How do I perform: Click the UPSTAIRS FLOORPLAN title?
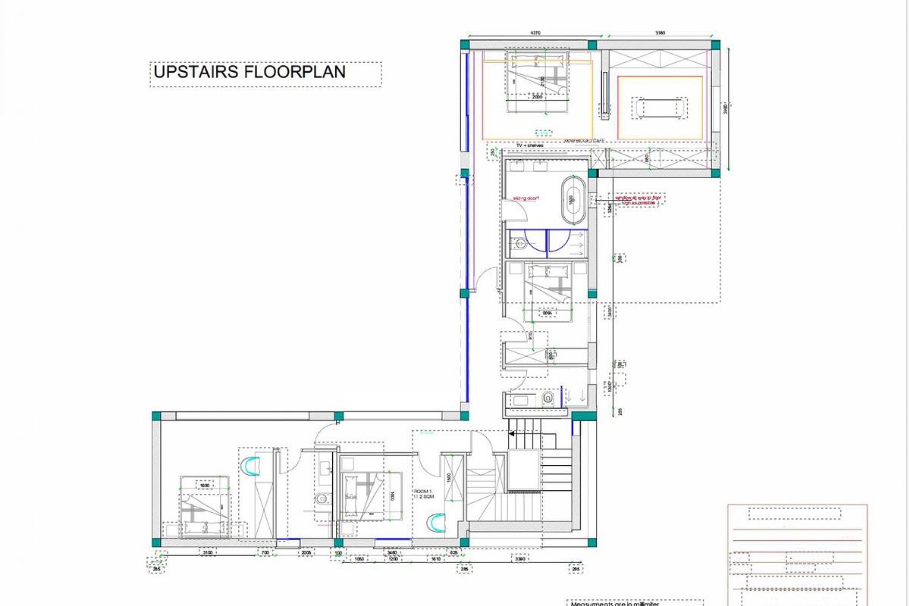249,72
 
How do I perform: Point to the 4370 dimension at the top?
535,33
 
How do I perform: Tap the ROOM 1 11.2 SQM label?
422,494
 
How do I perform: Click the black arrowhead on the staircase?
512,434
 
